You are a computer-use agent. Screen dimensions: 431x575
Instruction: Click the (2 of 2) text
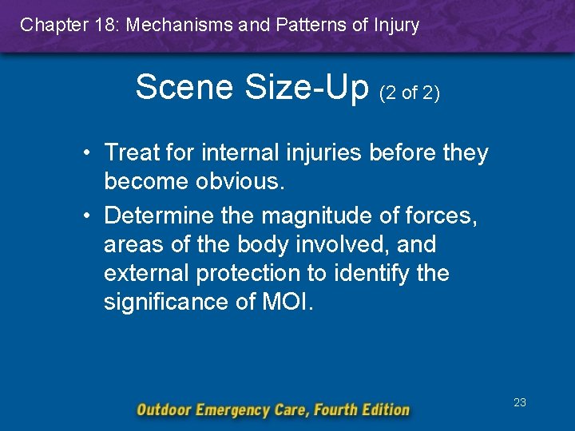tap(410, 93)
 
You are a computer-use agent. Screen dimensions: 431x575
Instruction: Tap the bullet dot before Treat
tap(93, 152)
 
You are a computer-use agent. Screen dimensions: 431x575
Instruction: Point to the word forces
tap(442, 215)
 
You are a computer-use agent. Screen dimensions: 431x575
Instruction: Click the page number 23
tap(520, 402)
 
